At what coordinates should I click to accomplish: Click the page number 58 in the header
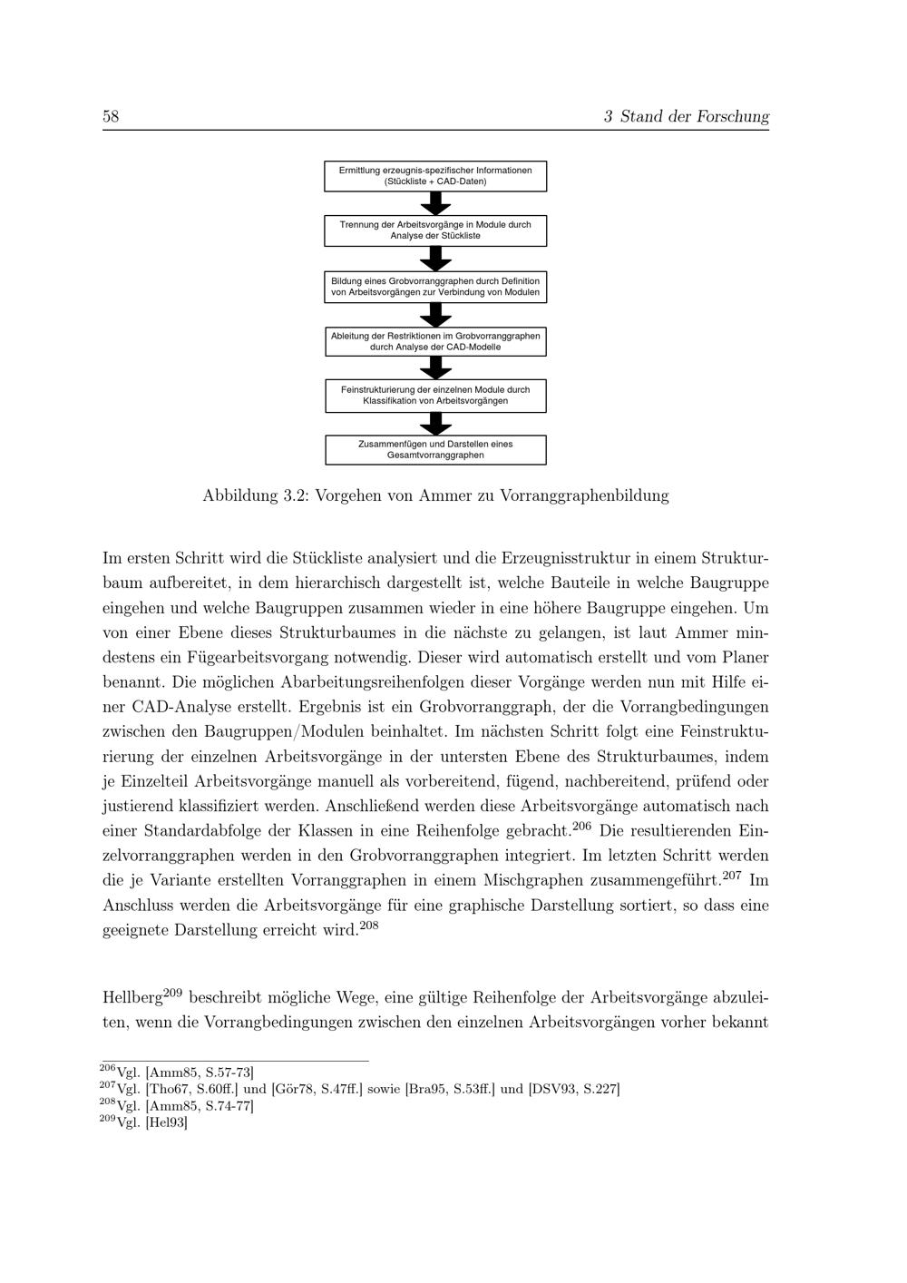click(112, 116)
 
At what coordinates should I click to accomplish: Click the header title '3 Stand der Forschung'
click(686, 116)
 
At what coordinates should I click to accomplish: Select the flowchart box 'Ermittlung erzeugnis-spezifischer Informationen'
click(435, 176)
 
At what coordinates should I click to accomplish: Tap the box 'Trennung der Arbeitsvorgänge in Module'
click(435, 230)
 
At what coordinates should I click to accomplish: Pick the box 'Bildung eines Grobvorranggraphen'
click(435, 287)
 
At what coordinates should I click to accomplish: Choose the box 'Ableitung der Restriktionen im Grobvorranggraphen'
click(435, 341)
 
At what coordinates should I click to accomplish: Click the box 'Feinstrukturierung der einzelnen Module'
click(435, 396)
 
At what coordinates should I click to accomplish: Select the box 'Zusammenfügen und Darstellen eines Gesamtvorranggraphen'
click(435, 450)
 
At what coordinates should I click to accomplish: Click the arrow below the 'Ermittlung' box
click(435, 204)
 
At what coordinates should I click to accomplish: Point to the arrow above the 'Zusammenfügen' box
click(435, 424)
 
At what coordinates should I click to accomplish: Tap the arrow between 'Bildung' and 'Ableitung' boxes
click(435, 315)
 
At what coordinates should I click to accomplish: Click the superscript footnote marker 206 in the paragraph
click(582, 826)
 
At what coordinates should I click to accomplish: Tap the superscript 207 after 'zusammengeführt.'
click(733, 875)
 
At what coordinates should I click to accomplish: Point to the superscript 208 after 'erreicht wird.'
click(370, 925)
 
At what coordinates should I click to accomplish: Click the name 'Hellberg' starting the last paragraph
click(132, 998)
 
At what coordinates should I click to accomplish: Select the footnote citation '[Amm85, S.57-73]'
click(200, 1072)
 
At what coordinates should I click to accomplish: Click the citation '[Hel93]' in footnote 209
click(166, 1122)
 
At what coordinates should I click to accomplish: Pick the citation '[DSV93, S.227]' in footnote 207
click(573, 1089)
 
